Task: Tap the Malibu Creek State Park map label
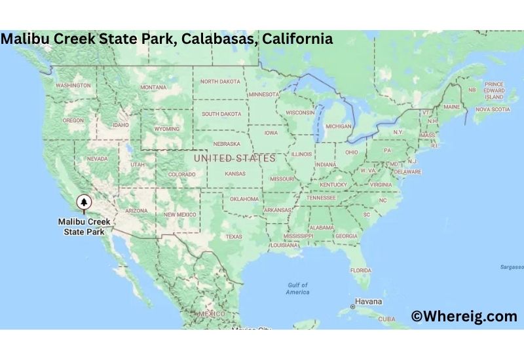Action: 84,226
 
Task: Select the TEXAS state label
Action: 234,236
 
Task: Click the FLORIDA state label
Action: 360,270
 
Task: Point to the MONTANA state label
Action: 153,87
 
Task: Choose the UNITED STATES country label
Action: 234,158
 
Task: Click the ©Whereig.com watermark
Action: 464,316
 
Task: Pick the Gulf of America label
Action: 297,288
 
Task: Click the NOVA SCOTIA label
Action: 491,109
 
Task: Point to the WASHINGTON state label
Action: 73,86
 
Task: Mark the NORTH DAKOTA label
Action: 220,81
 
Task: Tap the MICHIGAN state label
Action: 338,126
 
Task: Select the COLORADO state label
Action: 181,174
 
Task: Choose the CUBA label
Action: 387,319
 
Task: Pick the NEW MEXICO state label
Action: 179,215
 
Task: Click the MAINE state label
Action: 451,106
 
